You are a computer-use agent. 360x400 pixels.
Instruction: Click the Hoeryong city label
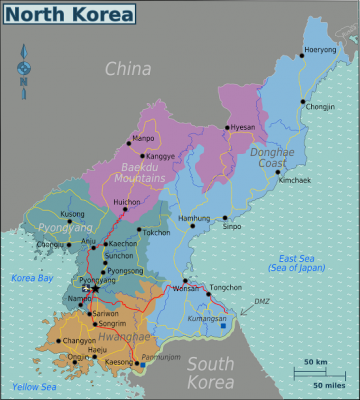click(320, 49)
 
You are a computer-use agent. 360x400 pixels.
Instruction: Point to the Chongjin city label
click(321, 106)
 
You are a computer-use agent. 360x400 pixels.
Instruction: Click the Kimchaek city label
click(295, 180)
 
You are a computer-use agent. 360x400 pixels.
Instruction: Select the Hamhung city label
click(194, 218)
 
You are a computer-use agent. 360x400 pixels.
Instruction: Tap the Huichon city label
click(127, 202)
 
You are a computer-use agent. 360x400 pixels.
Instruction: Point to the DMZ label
click(261, 301)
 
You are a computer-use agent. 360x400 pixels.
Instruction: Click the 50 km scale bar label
click(317, 360)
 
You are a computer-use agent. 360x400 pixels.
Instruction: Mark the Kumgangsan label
click(205, 317)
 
